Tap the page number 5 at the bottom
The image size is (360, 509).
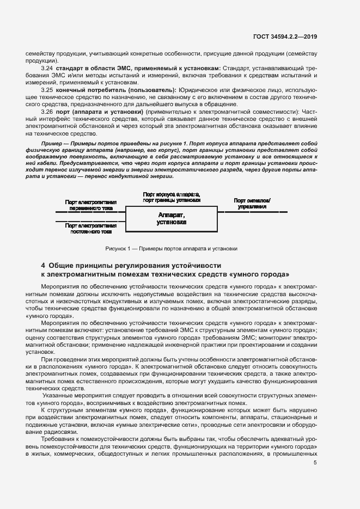(315, 463)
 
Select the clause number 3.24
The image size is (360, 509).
(47, 68)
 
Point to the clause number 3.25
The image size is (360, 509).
(47, 89)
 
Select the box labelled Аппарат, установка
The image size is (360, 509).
(171, 219)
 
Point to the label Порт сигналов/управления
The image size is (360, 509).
(252, 204)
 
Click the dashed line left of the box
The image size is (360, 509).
(90, 220)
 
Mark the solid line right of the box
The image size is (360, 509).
(252, 211)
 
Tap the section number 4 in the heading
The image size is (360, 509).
(44, 265)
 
